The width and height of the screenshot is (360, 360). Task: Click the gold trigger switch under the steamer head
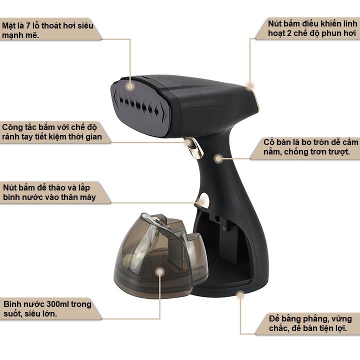coord(195,148)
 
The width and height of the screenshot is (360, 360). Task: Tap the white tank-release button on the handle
coord(203,200)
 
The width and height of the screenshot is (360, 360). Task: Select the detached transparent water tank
coord(160,255)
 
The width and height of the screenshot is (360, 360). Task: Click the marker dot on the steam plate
coord(130,86)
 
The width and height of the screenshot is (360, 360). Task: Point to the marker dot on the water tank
coord(160,272)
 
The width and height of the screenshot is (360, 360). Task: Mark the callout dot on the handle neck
coord(218,158)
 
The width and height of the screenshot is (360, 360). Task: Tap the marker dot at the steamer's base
coord(240,295)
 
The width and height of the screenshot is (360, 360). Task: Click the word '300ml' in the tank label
coord(57,304)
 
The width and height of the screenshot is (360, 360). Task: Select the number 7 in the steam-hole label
coord(28,25)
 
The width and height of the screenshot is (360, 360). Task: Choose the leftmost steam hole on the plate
coord(121,100)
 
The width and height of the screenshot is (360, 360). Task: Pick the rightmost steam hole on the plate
coord(156,111)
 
